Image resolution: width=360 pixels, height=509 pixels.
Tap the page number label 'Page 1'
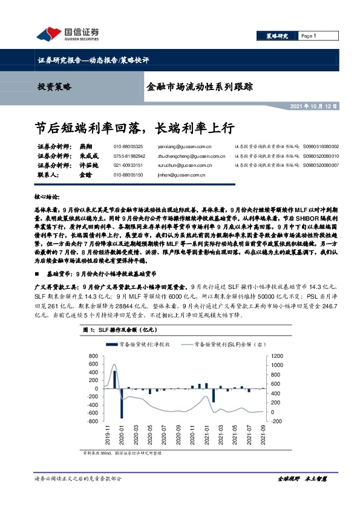309,36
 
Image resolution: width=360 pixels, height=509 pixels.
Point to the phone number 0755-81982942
129,155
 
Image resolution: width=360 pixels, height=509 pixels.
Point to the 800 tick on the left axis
93,356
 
